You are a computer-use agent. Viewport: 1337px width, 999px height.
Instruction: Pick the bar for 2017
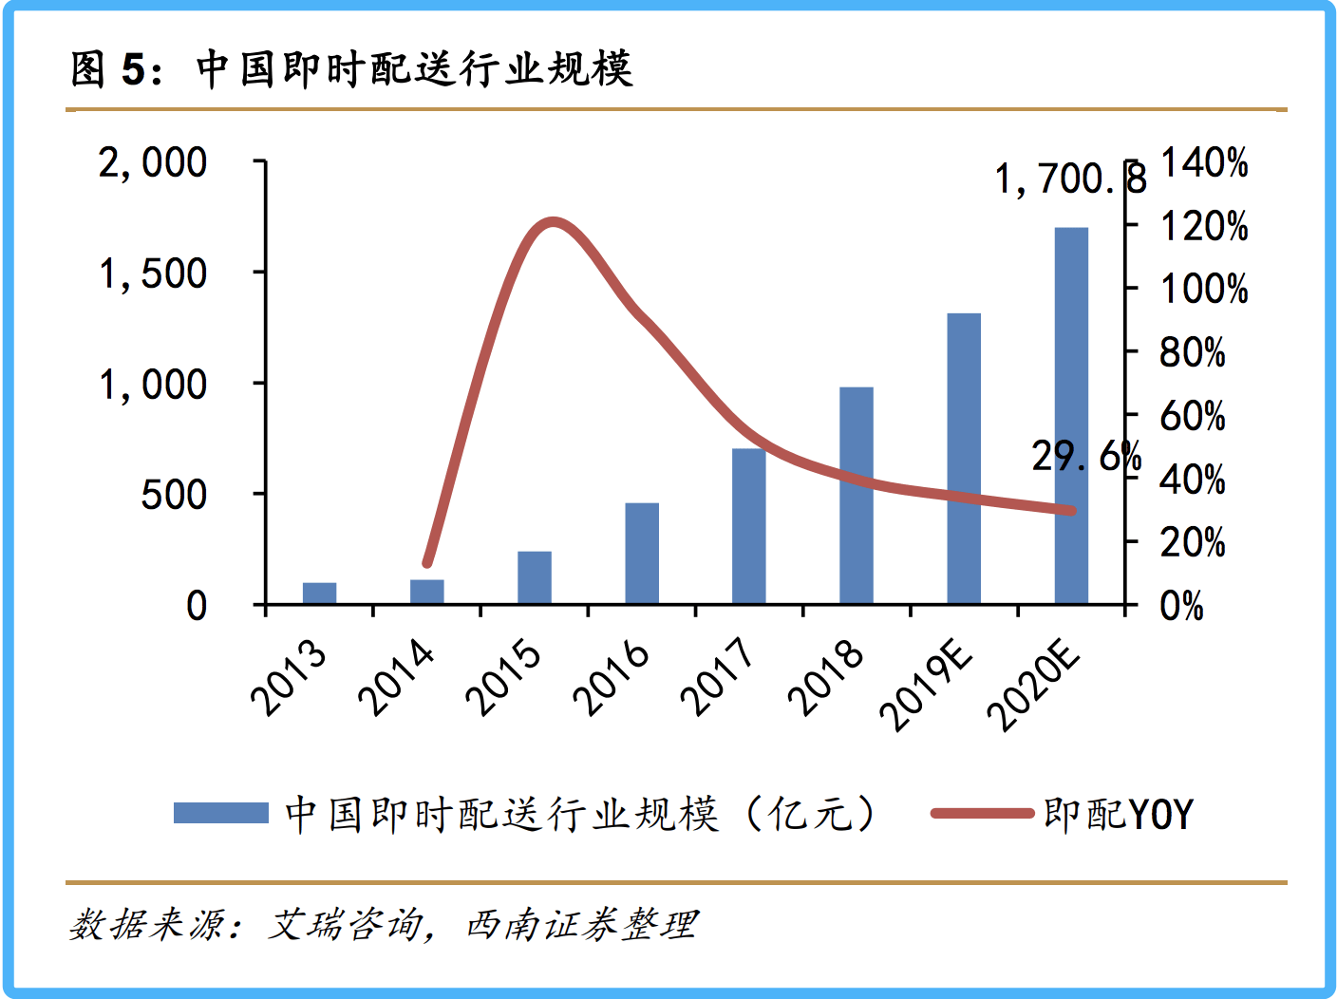point(749,526)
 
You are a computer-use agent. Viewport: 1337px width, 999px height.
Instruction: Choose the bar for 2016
point(642,554)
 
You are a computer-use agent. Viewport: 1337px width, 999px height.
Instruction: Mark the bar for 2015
point(535,577)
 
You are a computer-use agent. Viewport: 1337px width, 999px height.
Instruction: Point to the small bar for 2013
point(320,594)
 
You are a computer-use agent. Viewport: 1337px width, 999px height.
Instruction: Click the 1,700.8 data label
point(1070,179)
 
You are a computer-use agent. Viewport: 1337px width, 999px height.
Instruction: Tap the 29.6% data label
point(1086,457)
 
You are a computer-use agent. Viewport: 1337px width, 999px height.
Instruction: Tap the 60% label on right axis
point(1193,416)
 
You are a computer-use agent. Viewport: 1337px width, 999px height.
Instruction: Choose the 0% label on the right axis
point(1181,606)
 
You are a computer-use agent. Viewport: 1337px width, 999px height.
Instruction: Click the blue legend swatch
point(221,813)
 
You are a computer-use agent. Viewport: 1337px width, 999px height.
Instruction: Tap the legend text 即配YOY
point(1118,814)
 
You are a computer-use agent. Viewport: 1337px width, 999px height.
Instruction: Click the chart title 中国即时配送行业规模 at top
point(414,69)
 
